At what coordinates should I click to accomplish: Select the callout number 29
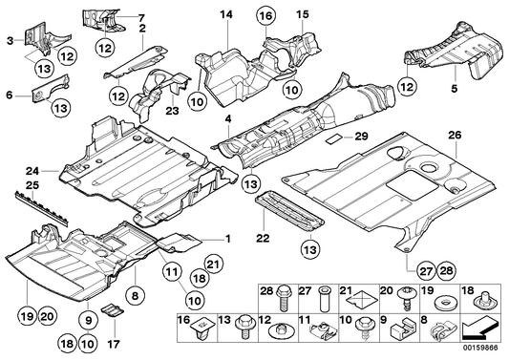(x=360, y=139)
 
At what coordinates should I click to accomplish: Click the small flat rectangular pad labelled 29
(x=333, y=138)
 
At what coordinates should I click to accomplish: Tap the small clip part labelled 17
(x=111, y=312)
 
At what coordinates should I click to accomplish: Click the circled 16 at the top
(x=265, y=14)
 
